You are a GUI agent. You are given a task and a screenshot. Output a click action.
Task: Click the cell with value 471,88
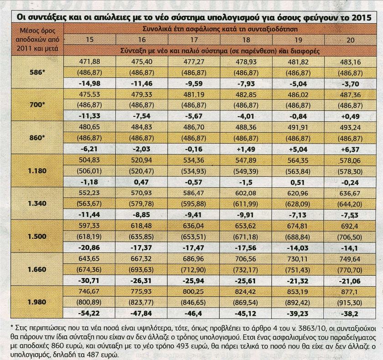click(89, 62)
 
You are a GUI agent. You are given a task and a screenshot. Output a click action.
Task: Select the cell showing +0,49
click(350, 116)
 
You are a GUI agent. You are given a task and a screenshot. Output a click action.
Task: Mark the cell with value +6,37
click(350, 149)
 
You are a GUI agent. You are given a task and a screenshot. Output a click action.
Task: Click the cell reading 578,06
click(350, 160)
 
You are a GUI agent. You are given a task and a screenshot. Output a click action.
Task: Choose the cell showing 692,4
click(350, 226)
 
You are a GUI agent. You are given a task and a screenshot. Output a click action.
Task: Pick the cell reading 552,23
click(89, 193)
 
